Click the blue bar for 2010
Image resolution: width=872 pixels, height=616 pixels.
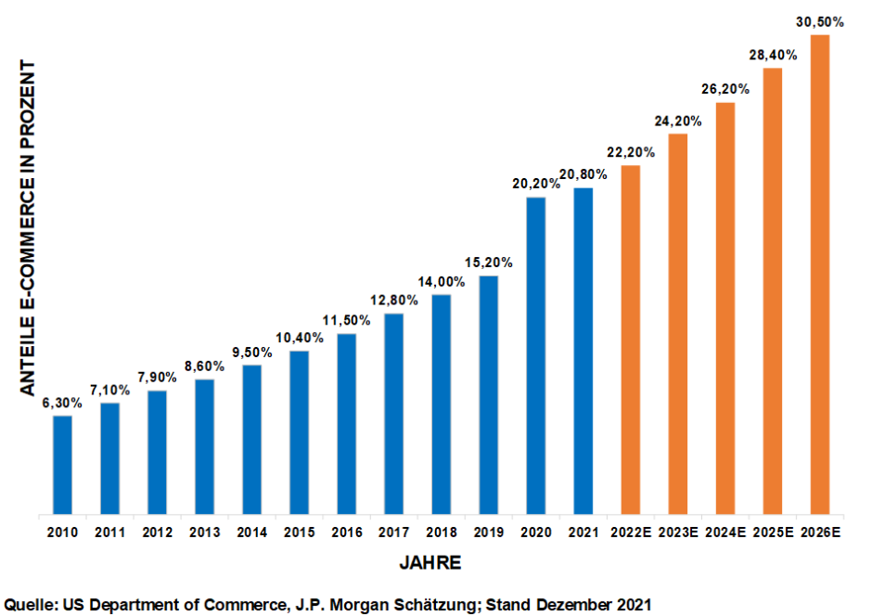click(x=62, y=465)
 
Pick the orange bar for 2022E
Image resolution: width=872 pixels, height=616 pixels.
click(x=631, y=340)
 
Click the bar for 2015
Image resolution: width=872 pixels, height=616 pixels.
click(x=299, y=432)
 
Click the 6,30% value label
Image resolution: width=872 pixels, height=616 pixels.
click(x=61, y=403)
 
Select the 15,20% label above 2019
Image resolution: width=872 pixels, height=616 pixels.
click(x=489, y=263)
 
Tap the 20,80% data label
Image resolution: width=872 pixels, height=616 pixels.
click(x=583, y=174)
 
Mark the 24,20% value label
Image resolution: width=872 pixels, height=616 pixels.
click(x=678, y=121)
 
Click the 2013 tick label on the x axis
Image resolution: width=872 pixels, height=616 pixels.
click(x=204, y=533)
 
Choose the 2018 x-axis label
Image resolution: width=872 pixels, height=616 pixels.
click(x=442, y=533)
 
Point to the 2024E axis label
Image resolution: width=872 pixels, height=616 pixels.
click(x=725, y=533)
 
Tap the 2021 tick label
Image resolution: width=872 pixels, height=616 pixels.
click(x=583, y=533)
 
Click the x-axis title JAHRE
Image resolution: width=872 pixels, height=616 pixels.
click(x=430, y=563)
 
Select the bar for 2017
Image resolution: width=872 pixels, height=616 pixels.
click(x=393, y=414)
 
